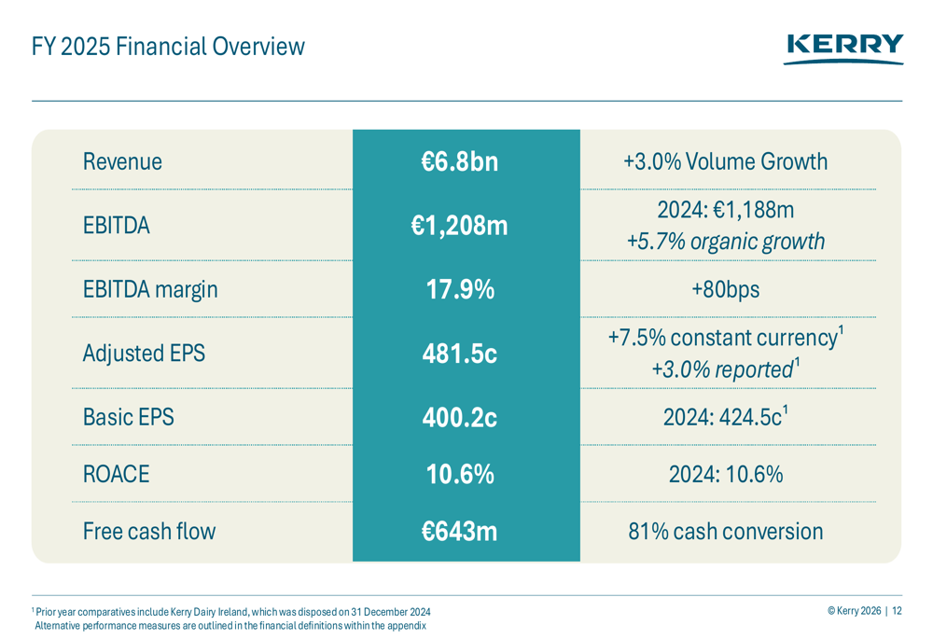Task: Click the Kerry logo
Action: pyautogui.click(x=844, y=48)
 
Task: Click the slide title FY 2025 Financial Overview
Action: pyautogui.click(x=168, y=46)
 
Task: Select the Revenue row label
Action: pyautogui.click(x=122, y=161)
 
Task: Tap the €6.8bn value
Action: pyautogui.click(x=459, y=161)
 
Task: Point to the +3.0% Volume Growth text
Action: pyautogui.click(x=725, y=161)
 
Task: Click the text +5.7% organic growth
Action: pyautogui.click(x=725, y=242)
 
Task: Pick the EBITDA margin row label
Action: pyautogui.click(x=149, y=289)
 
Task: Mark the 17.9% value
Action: pyautogui.click(x=460, y=289)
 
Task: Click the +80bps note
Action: pyautogui.click(x=725, y=289)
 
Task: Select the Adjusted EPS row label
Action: pyautogui.click(x=144, y=354)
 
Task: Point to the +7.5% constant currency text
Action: pyautogui.click(x=722, y=338)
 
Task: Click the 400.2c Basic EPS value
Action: pyautogui.click(x=460, y=417)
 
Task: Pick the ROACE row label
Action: pyautogui.click(x=116, y=474)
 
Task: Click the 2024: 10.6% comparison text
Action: pyautogui.click(x=725, y=474)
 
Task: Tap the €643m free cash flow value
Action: pyautogui.click(x=459, y=532)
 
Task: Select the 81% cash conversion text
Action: pyautogui.click(x=725, y=532)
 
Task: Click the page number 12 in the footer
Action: pyautogui.click(x=897, y=611)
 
